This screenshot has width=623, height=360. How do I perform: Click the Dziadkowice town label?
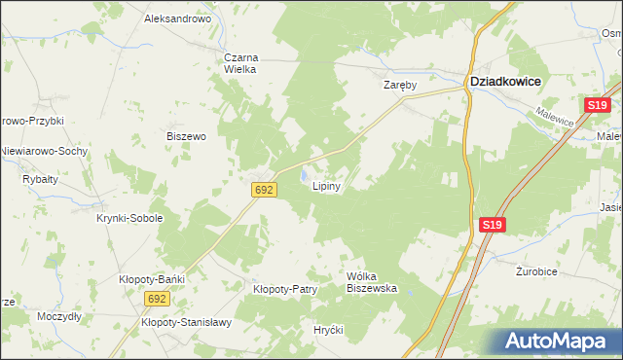pos(505,83)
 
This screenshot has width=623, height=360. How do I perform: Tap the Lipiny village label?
pos(325,188)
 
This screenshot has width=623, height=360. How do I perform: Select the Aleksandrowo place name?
pos(177,18)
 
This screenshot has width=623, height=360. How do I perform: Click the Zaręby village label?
pos(399,86)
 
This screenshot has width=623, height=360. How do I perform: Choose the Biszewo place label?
pos(186,137)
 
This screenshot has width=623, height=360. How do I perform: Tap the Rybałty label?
pos(40,179)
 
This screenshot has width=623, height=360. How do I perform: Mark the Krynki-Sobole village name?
pos(129,219)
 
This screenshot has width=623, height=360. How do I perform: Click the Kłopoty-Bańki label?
pos(152,279)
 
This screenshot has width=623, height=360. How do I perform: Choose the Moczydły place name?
pos(59,317)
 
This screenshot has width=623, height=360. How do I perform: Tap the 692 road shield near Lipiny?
pos(262,190)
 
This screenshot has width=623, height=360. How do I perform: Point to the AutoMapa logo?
pos(556,341)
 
